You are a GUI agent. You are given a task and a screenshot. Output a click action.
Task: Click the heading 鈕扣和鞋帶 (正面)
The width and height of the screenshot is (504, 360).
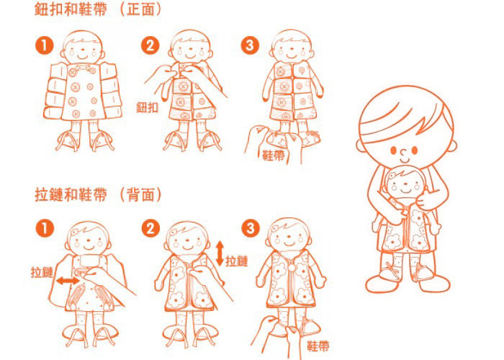tap(97, 9)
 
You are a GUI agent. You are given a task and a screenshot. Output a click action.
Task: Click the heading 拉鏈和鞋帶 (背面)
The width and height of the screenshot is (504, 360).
tap(98, 194)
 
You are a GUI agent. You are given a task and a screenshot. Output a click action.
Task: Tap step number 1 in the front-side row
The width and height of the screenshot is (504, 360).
tap(45, 45)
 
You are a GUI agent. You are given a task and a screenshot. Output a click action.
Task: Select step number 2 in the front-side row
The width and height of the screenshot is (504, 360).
tap(150, 45)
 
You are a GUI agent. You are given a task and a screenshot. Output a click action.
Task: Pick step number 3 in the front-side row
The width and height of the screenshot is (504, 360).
tap(250, 45)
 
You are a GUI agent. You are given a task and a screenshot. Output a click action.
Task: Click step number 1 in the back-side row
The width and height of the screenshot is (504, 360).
tap(45, 228)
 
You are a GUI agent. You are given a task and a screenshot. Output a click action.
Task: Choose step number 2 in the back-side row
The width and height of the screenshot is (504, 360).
tap(150, 228)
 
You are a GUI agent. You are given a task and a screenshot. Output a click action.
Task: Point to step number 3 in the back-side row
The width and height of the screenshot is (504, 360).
tap(251, 228)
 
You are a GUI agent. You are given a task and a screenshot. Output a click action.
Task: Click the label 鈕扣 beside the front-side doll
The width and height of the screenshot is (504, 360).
tap(147, 107)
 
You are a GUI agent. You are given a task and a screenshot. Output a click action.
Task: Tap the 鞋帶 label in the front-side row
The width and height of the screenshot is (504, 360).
tap(274, 156)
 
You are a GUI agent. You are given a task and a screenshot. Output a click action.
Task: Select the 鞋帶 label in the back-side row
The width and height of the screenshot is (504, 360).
tap(318, 346)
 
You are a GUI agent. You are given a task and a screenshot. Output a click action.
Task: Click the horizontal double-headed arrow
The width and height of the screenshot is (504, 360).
tap(68, 282)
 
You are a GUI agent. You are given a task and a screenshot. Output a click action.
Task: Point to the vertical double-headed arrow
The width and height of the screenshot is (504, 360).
tap(220, 253)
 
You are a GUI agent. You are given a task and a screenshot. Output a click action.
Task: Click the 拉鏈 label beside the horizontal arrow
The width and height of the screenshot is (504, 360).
tap(42, 272)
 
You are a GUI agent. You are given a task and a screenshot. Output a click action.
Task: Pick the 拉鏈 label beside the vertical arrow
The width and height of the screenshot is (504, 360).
tap(237, 261)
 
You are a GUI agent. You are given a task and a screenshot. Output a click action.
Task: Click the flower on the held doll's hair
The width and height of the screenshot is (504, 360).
tap(392, 176)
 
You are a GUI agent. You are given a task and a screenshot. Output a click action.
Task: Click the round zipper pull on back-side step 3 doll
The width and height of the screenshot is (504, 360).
tap(291, 267)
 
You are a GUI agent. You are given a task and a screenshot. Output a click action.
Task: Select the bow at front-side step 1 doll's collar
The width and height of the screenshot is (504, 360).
tap(83, 68)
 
